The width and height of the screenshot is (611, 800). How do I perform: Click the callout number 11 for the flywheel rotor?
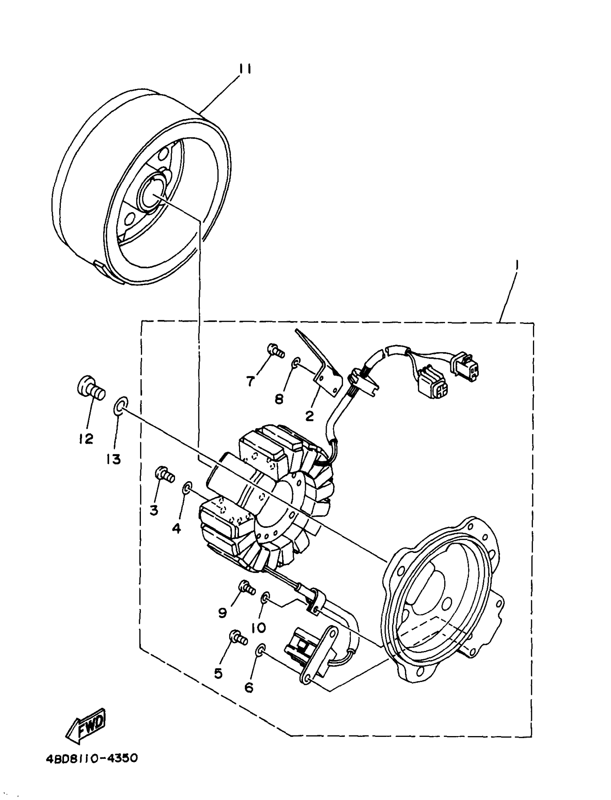pyautogui.click(x=245, y=69)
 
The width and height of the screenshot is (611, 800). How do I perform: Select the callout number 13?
pyautogui.click(x=114, y=459)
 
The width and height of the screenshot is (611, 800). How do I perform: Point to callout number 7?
pyautogui.click(x=250, y=381)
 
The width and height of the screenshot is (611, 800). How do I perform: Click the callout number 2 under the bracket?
pyautogui.click(x=309, y=416)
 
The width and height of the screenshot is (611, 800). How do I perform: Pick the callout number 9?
pyautogui.click(x=222, y=613)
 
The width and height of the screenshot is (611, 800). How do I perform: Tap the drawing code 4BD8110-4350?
pyautogui.click(x=92, y=759)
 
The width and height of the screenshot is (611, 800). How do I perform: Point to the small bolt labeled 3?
pyautogui.click(x=165, y=474)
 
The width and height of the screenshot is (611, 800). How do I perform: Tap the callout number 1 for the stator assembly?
pyautogui.click(x=517, y=265)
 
